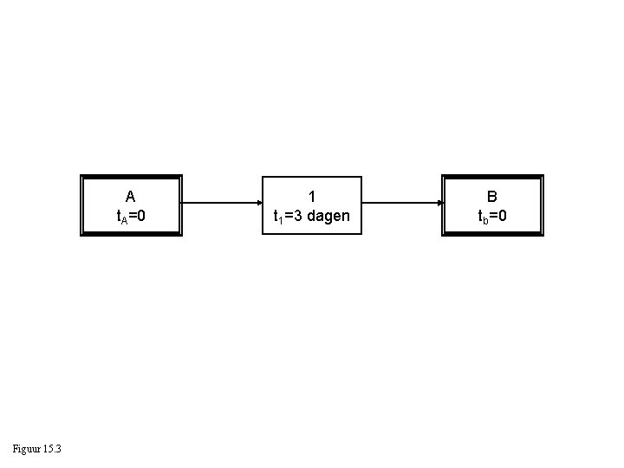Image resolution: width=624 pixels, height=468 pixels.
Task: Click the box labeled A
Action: point(131,205)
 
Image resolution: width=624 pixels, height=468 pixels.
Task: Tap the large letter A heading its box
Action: point(130,196)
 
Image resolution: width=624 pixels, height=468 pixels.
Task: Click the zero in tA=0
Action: point(140,215)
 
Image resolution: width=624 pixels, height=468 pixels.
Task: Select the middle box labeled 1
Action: point(311,205)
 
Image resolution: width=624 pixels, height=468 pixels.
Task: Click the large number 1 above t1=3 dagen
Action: point(311,196)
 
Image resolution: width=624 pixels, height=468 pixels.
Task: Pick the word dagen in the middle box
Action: point(328,216)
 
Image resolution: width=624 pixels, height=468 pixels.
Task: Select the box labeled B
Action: point(492,205)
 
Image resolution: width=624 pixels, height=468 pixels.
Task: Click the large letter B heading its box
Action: point(492,196)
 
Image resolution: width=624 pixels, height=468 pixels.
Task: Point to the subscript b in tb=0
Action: point(486,218)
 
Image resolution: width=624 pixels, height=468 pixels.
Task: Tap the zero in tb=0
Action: point(503,215)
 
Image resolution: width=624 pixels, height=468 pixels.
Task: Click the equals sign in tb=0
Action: point(494,215)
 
